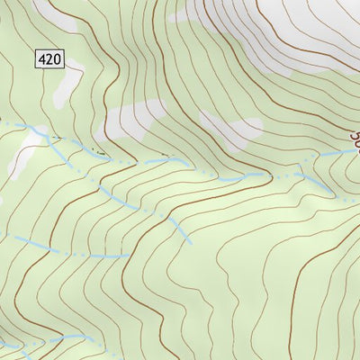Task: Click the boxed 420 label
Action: point(50,59)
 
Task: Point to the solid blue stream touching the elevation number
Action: point(342,153)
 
